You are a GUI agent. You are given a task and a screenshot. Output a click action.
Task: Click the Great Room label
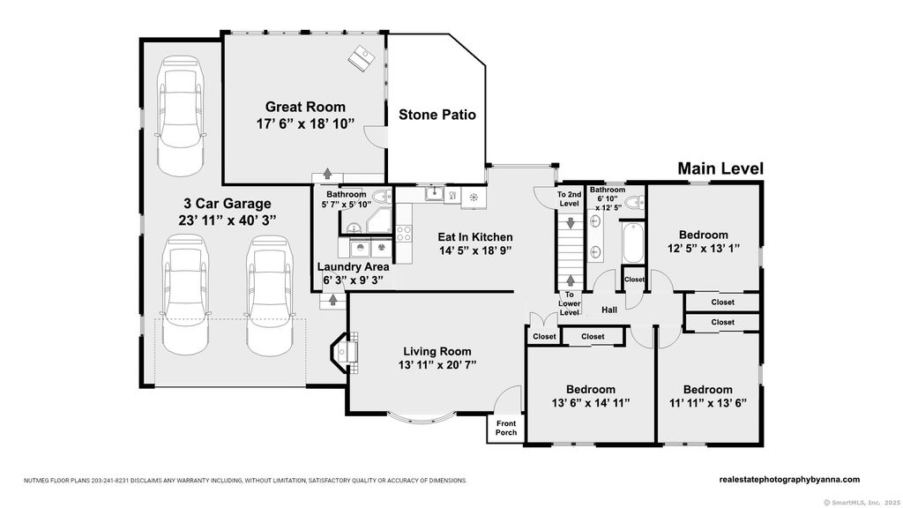coord(305,107)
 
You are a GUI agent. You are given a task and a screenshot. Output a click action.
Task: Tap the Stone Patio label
coord(437,115)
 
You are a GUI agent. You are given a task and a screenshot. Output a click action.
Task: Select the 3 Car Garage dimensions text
coord(228,220)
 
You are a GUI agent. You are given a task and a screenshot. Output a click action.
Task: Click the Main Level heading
coord(720,168)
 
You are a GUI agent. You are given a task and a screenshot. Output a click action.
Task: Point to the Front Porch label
coord(506,428)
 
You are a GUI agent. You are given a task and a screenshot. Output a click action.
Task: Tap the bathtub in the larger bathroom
coord(632,243)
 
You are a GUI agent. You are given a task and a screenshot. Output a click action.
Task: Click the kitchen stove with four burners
coord(404,233)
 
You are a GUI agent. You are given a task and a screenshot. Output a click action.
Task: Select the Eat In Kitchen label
coord(475,236)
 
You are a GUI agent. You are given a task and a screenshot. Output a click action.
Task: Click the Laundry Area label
coord(353,266)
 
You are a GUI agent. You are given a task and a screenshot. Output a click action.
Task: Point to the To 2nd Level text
coord(569,198)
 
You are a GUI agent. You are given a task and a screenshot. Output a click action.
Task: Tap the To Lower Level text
coord(569,303)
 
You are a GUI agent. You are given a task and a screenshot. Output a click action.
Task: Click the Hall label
coord(609,310)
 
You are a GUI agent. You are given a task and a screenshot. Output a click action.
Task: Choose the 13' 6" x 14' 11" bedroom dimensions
coord(590,403)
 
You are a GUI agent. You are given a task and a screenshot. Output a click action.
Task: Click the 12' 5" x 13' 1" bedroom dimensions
coord(703,248)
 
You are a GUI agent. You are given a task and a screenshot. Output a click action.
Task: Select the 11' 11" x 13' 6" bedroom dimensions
coord(708,403)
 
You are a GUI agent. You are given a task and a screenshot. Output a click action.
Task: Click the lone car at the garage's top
coord(180,116)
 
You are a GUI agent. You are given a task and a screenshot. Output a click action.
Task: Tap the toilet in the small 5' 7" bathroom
coord(381,198)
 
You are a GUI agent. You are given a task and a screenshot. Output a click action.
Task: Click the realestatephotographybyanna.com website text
coord(789,479)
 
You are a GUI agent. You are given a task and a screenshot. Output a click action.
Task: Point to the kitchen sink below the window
coord(434,193)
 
